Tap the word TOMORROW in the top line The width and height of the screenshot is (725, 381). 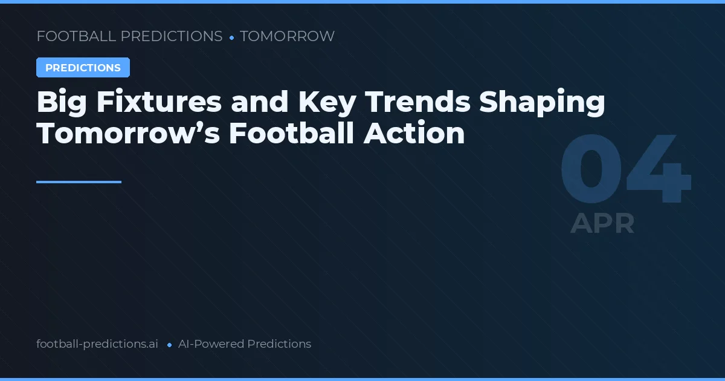coord(287,36)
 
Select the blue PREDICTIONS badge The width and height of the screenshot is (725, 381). coord(83,68)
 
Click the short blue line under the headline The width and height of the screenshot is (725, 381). coord(79,181)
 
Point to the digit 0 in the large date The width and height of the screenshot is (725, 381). coord(591,171)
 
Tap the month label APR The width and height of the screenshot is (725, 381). coord(602,223)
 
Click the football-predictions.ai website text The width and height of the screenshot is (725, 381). coord(97,344)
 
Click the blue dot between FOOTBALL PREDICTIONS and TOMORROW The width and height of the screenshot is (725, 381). coord(231,37)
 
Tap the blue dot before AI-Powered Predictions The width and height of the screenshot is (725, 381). coord(169,345)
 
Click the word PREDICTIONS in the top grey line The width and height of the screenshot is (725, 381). coord(172,36)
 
